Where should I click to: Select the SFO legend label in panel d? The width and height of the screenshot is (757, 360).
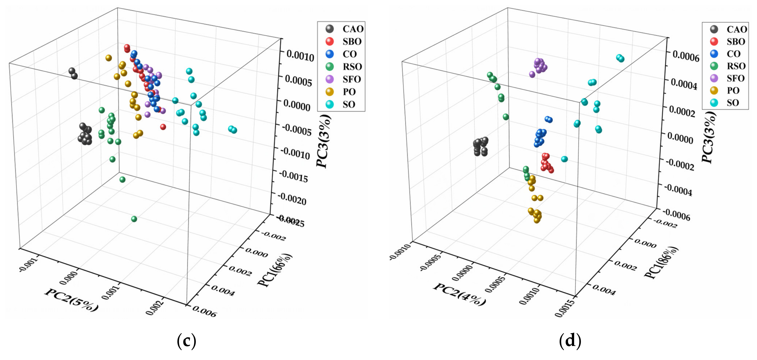pos(735,78)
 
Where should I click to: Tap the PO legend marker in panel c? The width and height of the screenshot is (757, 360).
pos(330,92)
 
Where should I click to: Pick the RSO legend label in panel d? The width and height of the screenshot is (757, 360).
pos(736,66)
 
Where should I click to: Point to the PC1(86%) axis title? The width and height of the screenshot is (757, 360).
pos(661,263)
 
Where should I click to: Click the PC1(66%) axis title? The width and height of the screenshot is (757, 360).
pos(275,270)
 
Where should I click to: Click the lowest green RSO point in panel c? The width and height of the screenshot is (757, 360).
pos(134,219)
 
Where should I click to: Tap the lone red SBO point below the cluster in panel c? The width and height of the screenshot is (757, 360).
pos(163,127)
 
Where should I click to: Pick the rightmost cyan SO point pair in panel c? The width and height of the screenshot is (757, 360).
pos(233,129)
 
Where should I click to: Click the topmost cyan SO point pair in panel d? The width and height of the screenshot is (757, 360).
pos(620,58)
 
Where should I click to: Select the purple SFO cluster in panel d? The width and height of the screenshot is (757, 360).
pos(539,66)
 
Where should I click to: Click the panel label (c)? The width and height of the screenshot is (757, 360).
pos(186,341)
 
